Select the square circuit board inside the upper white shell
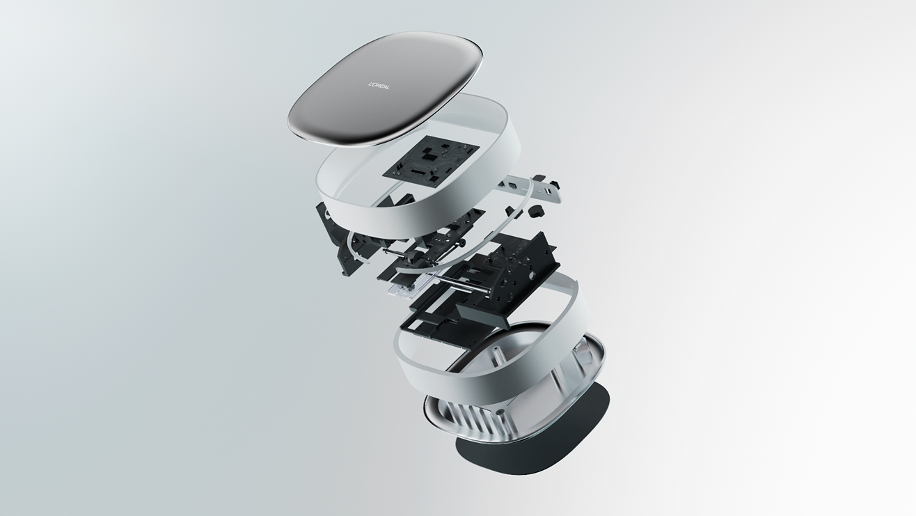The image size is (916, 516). pyautogui.click(x=431, y=162)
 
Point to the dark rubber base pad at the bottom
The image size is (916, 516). pyautogui.click(x=532, y=450)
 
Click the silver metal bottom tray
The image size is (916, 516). pyautogui.click(x=515, y=393)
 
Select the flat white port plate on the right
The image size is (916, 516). pyautogui.click(x=532, y=189)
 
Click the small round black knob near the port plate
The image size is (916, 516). pyautogui.click(x=534, y=211)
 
